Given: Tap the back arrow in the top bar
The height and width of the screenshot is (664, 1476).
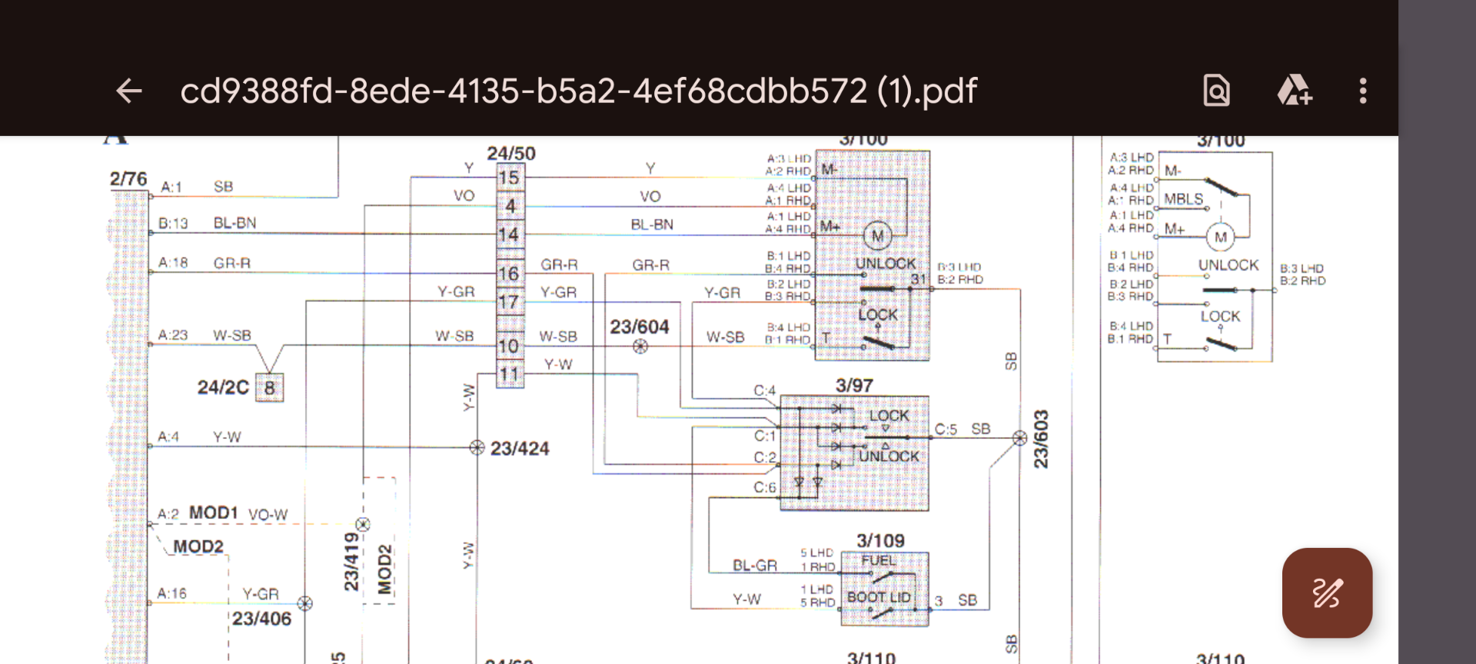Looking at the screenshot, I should pos(129,91).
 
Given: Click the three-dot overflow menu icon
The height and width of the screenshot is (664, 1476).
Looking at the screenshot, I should pos(1362,91).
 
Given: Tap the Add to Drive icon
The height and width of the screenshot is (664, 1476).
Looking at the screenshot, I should pos(1294,91).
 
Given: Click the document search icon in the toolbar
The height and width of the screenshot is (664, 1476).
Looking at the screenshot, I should pos(1216,91).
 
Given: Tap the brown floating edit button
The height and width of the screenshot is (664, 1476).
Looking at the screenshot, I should pos(1327,593).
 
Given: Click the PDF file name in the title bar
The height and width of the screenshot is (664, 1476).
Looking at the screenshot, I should pos(578,91).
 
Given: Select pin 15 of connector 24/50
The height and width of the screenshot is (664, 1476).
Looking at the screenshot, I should pos(509,178).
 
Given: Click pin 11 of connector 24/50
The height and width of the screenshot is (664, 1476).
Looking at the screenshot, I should pos(509,375).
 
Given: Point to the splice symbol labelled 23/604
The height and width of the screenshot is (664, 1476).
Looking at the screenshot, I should pos(640,347).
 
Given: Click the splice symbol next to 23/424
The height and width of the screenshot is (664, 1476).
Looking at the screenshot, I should pos(477,447).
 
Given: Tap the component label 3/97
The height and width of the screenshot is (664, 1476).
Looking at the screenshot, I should pos(854,385).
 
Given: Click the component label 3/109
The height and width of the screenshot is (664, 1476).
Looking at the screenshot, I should pos(880,540).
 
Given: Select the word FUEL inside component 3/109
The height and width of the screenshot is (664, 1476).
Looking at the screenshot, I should pos(878,560).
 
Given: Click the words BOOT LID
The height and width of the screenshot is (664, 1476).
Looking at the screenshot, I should pos(879,597).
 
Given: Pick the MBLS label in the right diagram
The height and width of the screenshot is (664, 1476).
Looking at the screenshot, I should pos(1183,199).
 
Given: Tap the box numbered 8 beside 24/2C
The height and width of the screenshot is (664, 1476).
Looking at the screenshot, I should pos(269,387).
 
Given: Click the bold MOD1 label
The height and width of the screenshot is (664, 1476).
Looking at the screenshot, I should pos(214,513).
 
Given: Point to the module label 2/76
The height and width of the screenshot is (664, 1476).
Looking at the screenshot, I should pos(128,178).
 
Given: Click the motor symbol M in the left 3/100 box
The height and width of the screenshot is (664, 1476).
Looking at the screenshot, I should pos(877,236).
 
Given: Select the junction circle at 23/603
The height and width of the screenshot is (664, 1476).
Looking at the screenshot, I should pos(1019,438).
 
